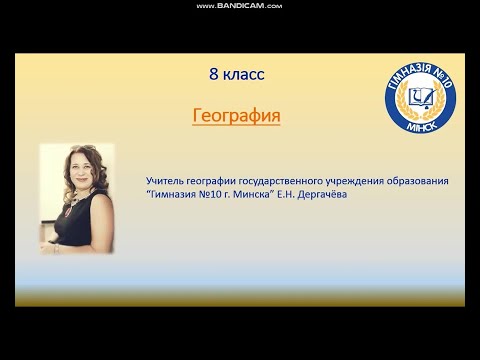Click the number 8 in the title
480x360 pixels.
(214, 74)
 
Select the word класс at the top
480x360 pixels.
(244, 74)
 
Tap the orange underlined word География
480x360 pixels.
(236, 116)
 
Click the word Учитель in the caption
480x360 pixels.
(166, 180)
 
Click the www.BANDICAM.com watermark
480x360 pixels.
(240, 5)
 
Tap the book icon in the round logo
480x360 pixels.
(423, 97)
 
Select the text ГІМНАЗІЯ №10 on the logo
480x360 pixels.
(423, 71)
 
